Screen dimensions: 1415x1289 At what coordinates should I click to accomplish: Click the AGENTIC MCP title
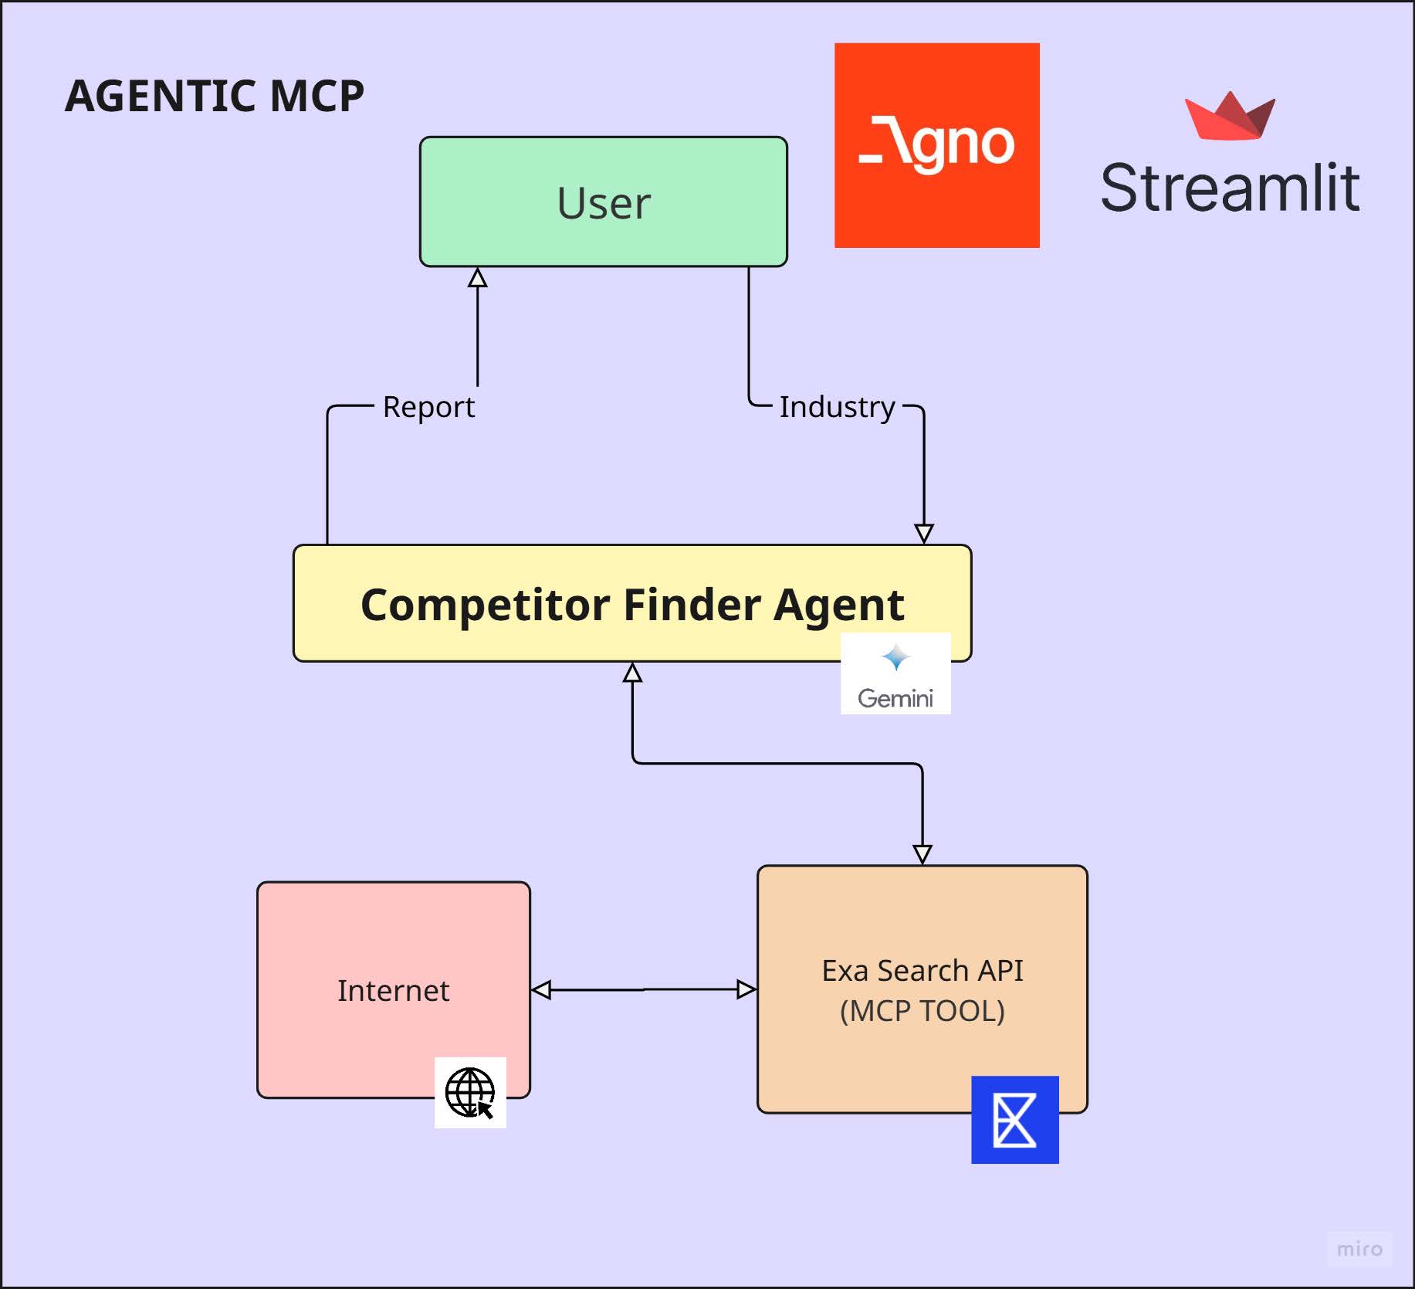pos(215,96)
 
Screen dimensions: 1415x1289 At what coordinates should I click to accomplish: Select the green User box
pos(604,202)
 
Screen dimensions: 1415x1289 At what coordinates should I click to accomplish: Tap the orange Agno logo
pos(936,145)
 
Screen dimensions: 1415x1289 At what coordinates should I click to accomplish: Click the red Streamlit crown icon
pos(1230,116)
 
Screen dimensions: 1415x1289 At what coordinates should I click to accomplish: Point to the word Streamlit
pos(1230,188)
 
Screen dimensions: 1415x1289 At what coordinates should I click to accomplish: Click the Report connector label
pos(428,406)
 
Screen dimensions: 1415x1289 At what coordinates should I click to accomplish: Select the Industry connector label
pos(838,406)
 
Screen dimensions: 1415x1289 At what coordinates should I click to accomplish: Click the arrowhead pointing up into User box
pos(478,277)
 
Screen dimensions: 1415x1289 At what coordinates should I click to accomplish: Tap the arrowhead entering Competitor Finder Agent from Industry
pos(924,534)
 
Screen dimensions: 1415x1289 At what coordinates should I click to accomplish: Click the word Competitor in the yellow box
pos(485,605)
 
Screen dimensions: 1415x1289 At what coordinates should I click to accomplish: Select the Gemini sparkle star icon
pos(895,658)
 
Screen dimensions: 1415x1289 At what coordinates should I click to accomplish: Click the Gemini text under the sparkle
pos(895,698)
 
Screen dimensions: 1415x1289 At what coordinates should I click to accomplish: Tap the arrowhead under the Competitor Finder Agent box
pos(633,672)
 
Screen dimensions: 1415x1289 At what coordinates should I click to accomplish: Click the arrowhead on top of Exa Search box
pos(922,854)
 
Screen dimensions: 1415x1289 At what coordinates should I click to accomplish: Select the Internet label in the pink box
pos(393,991)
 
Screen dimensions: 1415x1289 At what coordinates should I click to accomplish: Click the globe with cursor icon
pos(470,1093)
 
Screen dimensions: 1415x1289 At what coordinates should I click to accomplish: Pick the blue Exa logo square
pos(1015,1120)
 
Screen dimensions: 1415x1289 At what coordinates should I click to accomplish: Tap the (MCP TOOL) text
pos(922,1011)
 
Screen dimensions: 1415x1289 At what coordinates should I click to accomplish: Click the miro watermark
pos(1359,1249)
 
